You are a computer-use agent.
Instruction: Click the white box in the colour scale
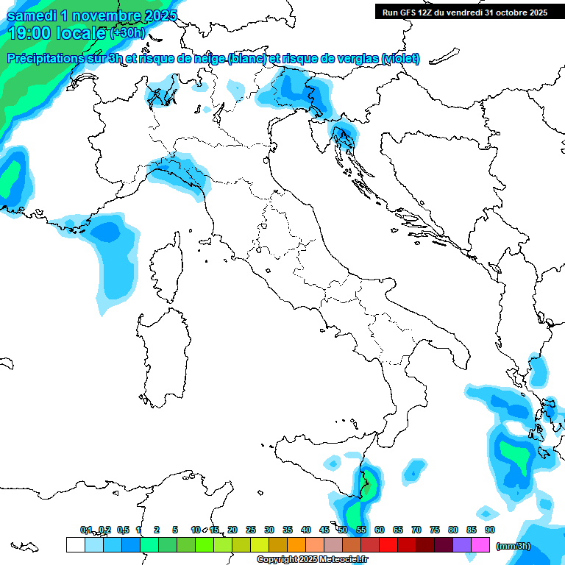coord(75,544)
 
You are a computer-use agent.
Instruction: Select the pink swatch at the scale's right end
coord(480,544)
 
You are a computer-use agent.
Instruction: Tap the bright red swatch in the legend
coord(388,544)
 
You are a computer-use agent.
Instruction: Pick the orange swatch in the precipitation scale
coord(296,544)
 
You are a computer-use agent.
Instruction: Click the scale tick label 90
coord(489,530)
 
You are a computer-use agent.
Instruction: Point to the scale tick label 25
coord(251,530)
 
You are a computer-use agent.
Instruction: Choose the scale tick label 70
coord(416,530)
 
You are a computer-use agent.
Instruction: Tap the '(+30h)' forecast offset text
coord(128,33)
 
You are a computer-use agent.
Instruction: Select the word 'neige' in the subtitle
coord(208,58)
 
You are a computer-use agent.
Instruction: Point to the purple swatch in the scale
coord(462,544)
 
